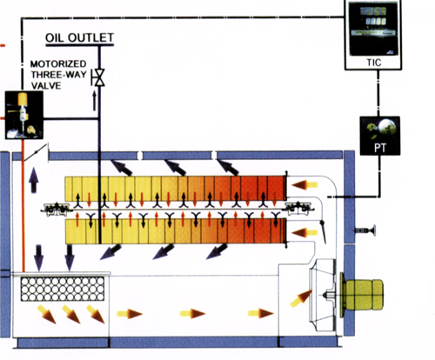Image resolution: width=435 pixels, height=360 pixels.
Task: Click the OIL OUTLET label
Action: point(79,37)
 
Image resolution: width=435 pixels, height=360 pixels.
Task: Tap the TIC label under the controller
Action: point(374,63)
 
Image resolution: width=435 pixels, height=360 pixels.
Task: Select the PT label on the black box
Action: point(380,148)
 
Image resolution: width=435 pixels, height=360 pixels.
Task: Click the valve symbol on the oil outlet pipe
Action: point(99,77)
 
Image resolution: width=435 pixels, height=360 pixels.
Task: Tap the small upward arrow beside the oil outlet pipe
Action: point(94,101)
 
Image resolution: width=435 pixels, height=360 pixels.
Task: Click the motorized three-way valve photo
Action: point(24,115)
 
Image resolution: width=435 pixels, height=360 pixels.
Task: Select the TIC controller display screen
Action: point(373,29)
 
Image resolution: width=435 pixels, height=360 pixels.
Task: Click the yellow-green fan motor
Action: point(363,295)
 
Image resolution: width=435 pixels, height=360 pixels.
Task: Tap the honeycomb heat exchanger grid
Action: point(63,289)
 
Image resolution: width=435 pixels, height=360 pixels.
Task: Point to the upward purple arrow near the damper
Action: point(34,180)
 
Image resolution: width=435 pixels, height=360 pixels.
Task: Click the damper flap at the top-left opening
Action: point(36,152)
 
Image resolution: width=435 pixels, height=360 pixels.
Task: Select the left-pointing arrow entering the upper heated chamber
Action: point(304,184)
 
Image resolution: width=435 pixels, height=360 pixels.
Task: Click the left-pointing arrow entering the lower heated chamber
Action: point(304,233)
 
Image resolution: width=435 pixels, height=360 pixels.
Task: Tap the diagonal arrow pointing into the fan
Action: point(300,299)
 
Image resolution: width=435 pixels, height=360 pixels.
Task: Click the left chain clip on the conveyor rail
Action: point(57,209)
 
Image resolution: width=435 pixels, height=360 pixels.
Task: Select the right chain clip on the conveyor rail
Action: point(298,208)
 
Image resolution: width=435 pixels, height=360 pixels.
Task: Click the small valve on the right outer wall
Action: point(365,230)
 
